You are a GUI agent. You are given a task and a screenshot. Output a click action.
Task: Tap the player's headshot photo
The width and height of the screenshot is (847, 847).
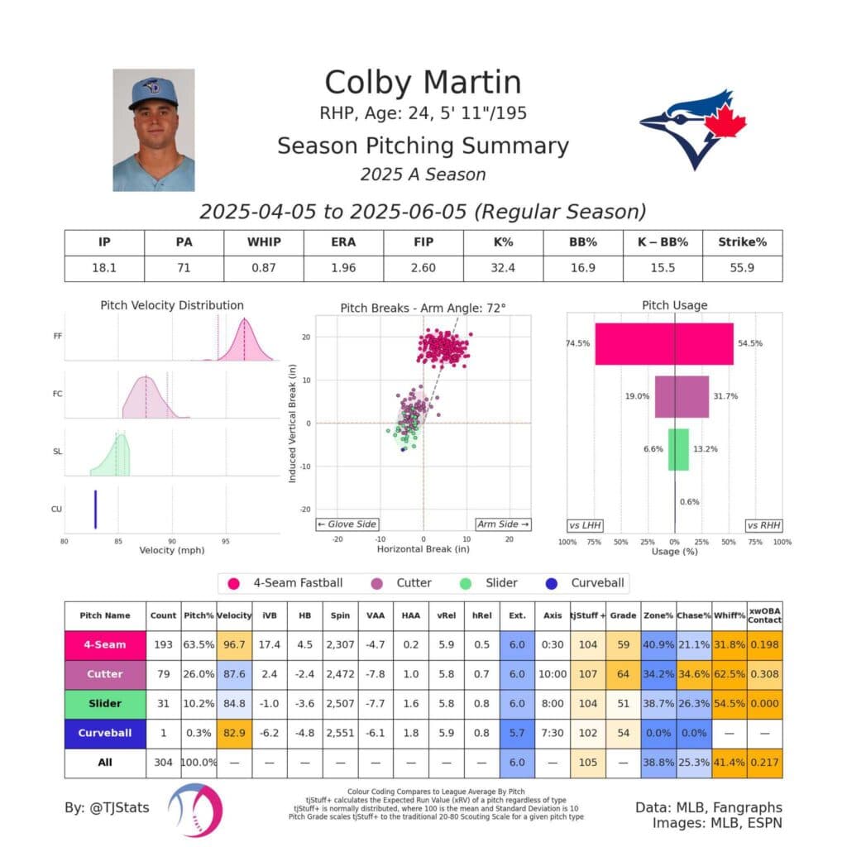154,130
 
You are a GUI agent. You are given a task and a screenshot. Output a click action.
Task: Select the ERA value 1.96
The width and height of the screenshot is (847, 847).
343,268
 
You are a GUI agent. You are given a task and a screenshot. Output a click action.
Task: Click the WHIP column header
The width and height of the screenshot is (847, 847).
263,242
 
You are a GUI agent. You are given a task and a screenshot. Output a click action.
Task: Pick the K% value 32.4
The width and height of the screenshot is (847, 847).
502,268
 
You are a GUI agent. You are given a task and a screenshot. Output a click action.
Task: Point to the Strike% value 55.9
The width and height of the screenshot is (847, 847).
742,268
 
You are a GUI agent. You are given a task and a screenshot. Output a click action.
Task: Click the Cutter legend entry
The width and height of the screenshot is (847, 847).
403,583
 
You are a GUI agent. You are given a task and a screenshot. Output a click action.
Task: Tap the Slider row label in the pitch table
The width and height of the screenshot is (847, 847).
105,704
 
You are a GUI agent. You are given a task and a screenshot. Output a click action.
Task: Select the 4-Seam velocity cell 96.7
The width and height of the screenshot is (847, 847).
235,644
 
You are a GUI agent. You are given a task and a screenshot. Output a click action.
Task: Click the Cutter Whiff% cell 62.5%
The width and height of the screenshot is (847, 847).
728,674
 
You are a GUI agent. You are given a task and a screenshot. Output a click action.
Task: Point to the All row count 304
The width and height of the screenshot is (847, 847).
163,762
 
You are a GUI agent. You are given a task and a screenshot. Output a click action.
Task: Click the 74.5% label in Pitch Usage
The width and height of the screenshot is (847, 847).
577,343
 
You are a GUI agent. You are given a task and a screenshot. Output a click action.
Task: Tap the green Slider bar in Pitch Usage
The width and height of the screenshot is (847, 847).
678,449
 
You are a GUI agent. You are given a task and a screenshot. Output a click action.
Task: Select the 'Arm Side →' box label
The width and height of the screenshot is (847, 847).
503,524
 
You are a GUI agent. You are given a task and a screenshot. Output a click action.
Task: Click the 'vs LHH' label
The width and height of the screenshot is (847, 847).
585,525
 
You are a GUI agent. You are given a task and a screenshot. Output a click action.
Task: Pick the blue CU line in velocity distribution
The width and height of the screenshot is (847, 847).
95,509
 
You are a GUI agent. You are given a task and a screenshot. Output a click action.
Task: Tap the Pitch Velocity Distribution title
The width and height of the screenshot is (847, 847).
172,305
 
